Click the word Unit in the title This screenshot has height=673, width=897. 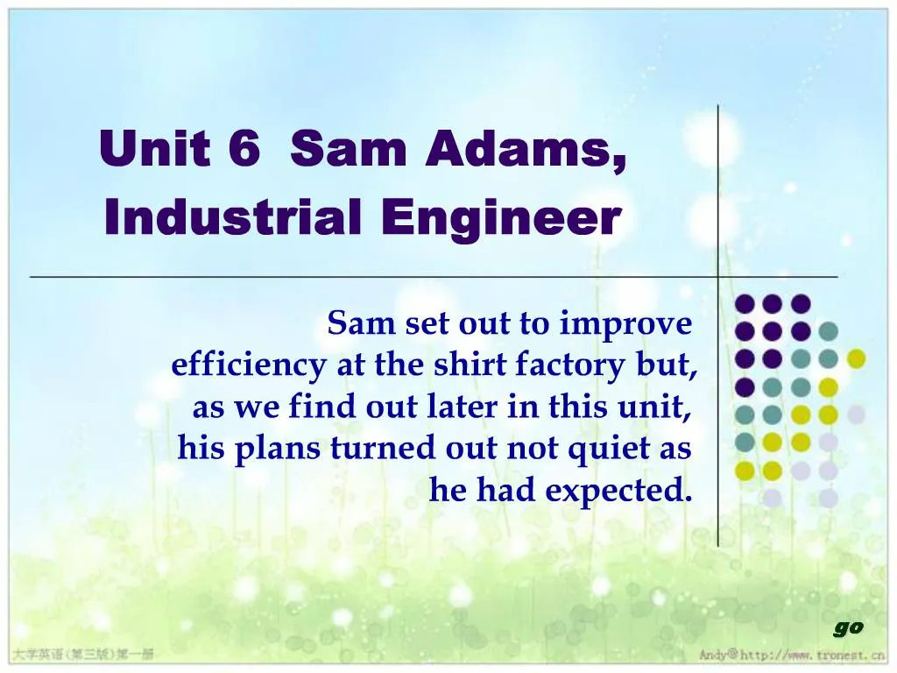point(154,148)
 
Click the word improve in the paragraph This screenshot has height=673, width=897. point(625,325)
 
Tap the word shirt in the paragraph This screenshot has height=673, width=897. point(472,365)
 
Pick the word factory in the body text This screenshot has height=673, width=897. point(573,366)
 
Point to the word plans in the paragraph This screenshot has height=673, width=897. point(280,450)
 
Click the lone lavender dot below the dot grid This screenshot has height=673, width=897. point(772,499)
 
